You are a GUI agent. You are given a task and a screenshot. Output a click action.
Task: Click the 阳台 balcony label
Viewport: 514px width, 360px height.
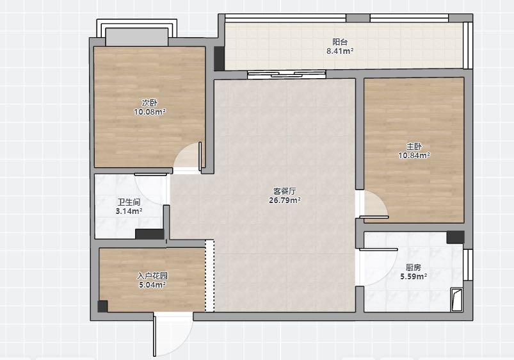coord(340,42)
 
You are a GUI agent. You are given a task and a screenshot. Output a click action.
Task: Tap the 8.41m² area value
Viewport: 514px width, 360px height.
coord(340,51)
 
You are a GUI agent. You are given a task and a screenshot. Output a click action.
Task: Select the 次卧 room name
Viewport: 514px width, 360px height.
coord(150,103)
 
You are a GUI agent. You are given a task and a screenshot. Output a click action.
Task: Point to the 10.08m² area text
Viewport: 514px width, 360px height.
coord(150,112)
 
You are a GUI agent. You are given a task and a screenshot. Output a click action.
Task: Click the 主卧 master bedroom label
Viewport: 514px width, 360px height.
coord(414,146)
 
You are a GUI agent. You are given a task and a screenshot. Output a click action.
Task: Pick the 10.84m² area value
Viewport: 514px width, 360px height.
coord(414,155)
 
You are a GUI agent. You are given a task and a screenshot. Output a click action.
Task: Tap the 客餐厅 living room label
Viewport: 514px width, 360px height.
coord(285,191)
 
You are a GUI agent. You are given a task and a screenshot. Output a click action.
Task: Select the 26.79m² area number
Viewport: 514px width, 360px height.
coord(285,200)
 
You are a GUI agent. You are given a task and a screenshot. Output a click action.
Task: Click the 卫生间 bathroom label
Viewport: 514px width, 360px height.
coord(129,202)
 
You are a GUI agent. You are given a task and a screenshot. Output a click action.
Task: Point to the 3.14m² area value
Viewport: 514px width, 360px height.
coord(129,211)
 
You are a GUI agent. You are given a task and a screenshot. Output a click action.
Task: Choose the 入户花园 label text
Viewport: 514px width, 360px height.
coord(152,276)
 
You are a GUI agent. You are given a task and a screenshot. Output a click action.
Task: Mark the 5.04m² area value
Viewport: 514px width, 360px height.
coord(152,285)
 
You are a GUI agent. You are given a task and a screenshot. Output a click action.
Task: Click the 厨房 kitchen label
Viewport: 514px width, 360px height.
coord(414,268)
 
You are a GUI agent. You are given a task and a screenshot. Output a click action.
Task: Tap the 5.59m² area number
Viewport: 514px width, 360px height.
coord(414,277)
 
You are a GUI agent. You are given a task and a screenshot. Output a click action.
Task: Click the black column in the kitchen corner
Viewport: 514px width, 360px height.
coord(455,237)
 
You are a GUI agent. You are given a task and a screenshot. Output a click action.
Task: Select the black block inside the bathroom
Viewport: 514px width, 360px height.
coord(150,234)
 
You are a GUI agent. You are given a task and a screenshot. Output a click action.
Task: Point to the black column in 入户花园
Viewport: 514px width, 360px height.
coord(102,306)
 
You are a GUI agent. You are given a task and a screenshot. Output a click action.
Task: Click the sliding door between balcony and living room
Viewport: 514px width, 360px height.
coord(287,74)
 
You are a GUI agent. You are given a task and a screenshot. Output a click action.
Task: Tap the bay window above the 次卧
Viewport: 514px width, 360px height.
coord(137,33)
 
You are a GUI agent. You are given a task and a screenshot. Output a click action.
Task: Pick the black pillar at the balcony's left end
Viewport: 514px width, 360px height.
coord(220,58)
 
